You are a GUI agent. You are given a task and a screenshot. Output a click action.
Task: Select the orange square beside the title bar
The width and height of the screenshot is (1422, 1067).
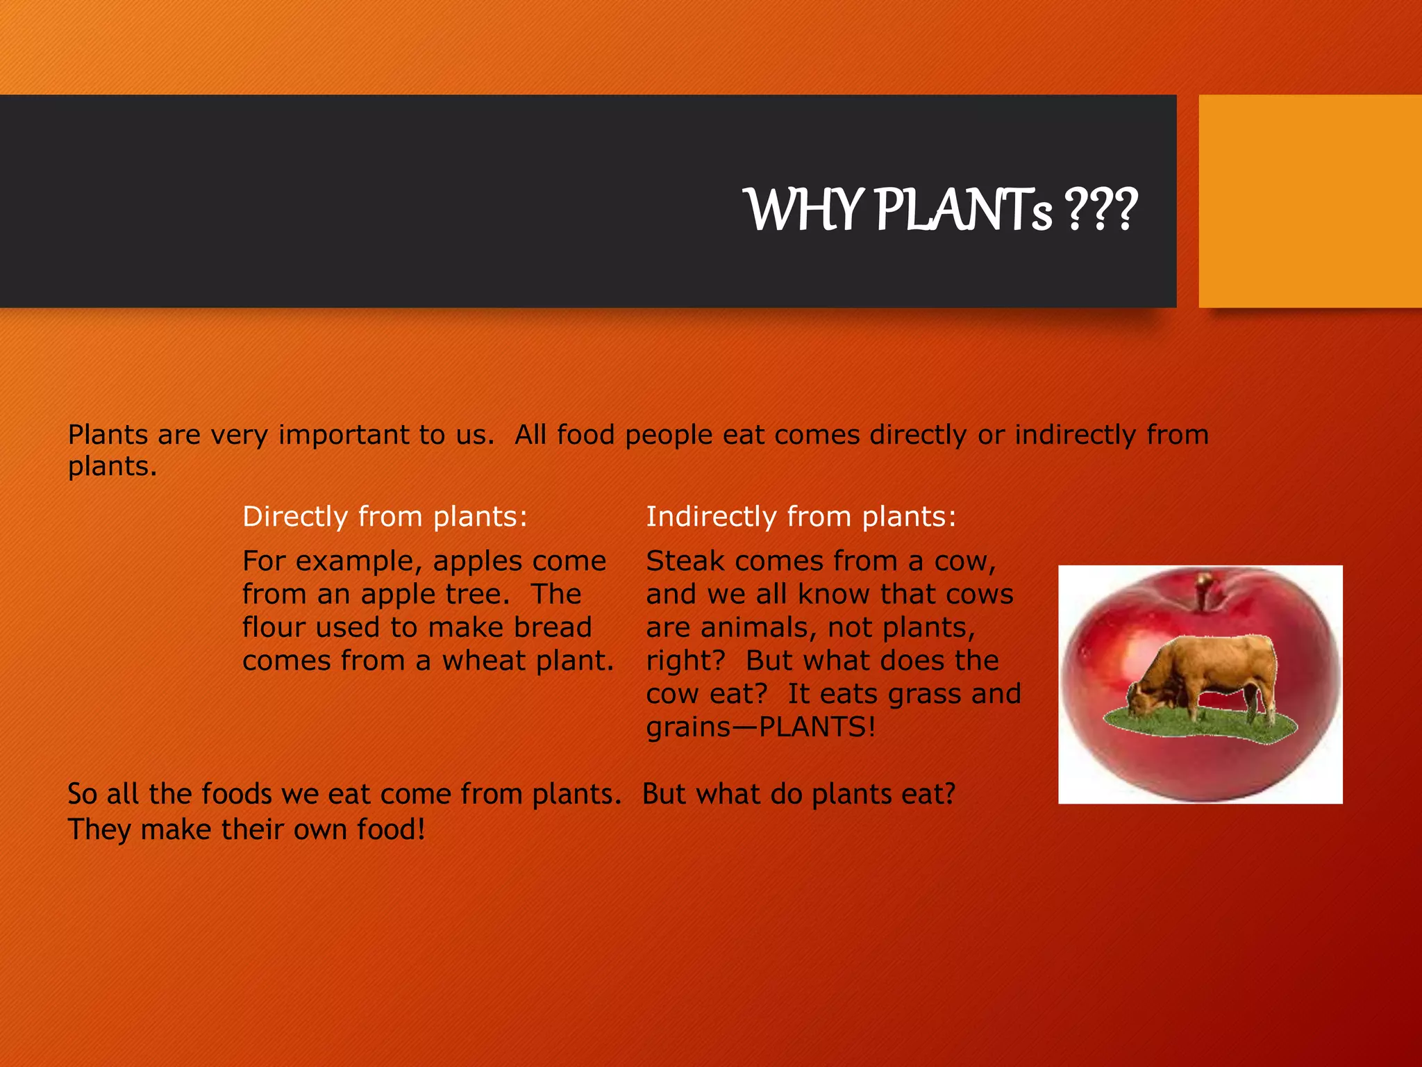[1310, 201]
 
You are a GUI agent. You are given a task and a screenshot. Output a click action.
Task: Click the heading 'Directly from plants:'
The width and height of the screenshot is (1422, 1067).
[385, 517]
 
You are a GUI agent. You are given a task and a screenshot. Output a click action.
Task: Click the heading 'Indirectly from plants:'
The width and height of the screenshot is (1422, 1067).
[801, 517]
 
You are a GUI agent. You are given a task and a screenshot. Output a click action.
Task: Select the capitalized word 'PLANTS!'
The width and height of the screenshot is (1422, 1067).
[817, 727]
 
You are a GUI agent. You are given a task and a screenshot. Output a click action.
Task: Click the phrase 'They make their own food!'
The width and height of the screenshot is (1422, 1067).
[246, 829]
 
